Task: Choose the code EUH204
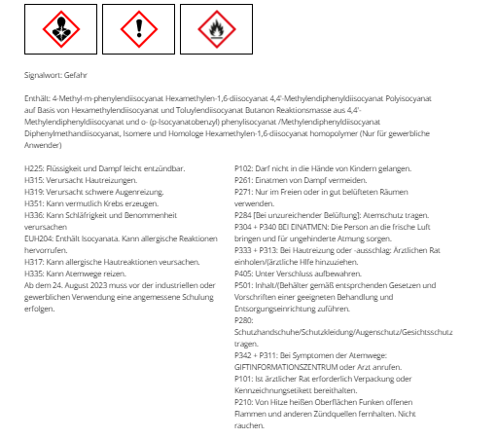pos(38,238)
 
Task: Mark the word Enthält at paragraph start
pos(37,98)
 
